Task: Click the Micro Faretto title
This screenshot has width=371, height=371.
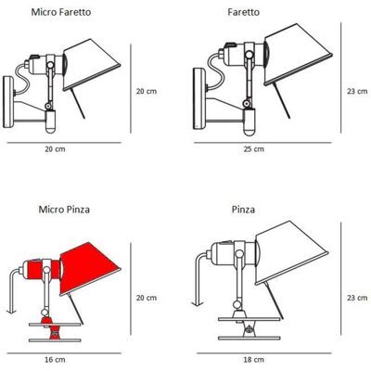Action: tap(61, 12)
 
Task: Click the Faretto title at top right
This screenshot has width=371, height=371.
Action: tap(244, 12)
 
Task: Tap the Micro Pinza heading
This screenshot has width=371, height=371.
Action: tap(64, 210)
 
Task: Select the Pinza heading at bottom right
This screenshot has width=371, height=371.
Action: tap(244, 210)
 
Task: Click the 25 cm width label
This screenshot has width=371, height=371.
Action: tap(254, 149)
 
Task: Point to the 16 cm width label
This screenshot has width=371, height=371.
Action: tap(55, 360)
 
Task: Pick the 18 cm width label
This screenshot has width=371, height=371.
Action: tap(254, 360)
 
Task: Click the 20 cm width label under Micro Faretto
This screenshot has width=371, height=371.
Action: tap(55, 149)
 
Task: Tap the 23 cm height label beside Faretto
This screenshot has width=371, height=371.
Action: tap(357, 91)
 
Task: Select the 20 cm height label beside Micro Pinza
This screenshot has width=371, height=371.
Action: tap(147, 298)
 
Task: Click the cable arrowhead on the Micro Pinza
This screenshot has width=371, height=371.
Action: tap(11, 311)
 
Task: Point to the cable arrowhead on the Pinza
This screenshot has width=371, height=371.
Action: tap(197, 304)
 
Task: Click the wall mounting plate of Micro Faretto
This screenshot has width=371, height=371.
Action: tap(8, 102)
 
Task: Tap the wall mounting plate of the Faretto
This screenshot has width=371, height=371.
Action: tap(199, 99)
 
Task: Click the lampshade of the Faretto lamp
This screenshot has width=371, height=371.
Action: tap(297, 54)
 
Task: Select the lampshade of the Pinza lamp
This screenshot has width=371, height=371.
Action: tap(290, 252)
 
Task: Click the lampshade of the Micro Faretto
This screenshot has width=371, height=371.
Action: tap(91, 65)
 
